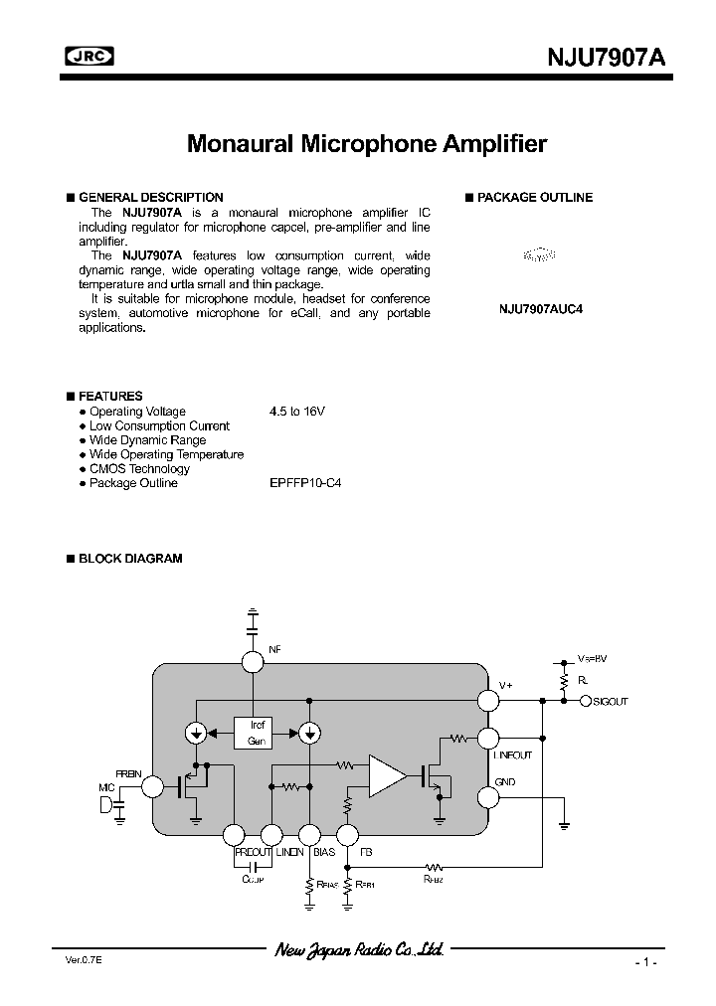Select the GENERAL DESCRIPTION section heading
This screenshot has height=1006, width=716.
[150, 197]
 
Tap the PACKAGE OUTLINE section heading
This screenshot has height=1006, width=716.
[534, 197]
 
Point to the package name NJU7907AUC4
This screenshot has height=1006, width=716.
[540, 308]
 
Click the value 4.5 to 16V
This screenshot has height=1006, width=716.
[297, 412]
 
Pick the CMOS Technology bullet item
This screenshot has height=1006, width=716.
[139, 469]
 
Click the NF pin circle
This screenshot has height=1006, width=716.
[253, 661]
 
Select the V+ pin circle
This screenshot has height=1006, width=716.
[488, 700]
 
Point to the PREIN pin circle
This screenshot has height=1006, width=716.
[152, 787]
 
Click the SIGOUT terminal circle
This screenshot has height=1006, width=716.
[585, 701]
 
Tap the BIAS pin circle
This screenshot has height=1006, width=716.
[309, 836]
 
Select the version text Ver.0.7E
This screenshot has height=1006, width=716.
[70, 962]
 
